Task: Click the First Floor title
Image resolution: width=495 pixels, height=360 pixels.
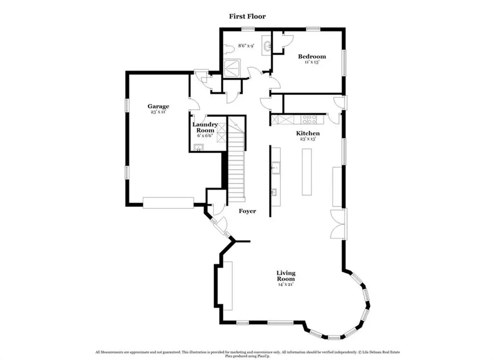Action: (x=247, y=16)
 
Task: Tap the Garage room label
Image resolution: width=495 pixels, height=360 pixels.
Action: (x=158, y=106)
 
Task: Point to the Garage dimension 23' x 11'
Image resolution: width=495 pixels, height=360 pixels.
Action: (x=158, y=112)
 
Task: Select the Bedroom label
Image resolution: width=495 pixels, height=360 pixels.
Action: (x=312, y=57)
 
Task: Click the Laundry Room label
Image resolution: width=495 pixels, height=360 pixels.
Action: (x=205, y=127)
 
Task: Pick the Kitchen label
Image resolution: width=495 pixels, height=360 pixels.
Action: (x=308, y=133)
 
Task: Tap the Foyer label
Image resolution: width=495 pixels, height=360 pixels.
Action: (x=247, y=211)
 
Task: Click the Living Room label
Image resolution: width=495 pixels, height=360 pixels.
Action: (x=286, y=276)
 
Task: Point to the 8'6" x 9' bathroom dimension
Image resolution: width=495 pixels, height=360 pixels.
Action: (x=246, y=46)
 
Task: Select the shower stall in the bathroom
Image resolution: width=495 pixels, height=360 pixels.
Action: (x=232, y=68)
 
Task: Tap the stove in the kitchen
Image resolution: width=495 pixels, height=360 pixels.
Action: (x=309, y=120)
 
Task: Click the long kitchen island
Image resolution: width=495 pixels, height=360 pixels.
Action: (x=306, y=172)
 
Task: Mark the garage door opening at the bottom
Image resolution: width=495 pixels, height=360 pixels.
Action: (x=168, y=203)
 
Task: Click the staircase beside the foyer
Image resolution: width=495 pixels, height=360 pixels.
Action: (x=236, y=159)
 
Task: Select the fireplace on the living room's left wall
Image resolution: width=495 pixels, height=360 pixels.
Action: (x=227, y=285)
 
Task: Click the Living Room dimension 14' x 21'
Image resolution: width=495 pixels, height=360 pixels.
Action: (x=286, y=284)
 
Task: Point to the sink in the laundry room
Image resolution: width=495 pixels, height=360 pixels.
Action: (x=199, y=148)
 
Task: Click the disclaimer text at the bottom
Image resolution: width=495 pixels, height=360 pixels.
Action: (x=247, y=354)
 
